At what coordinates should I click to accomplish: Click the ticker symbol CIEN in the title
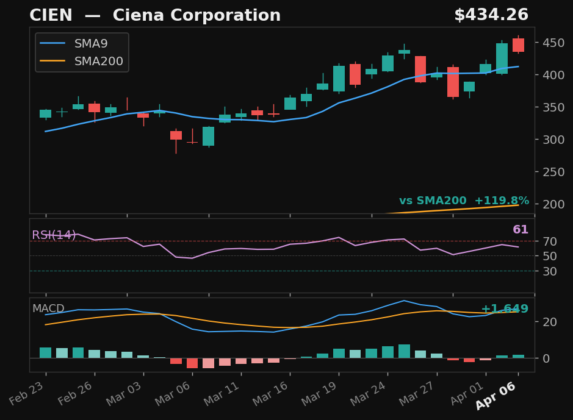51,16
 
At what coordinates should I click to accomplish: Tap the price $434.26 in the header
491,16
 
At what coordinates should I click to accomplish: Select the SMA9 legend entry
90,44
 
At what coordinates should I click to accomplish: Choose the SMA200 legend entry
98,62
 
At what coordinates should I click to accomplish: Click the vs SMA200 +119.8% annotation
464,201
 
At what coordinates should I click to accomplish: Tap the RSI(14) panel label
54,235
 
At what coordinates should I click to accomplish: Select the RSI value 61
521,230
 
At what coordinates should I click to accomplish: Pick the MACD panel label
48,309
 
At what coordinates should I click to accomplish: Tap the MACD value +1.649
505,309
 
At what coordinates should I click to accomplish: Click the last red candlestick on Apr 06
518,45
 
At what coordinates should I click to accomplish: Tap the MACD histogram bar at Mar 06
192,363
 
